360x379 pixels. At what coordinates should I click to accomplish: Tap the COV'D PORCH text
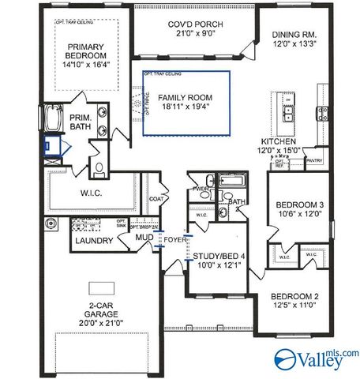coord(195,25)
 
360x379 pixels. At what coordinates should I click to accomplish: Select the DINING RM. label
coord(294,36)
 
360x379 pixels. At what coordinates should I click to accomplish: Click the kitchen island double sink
coord(289,118)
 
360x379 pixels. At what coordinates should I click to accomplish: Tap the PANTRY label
coord(313,160)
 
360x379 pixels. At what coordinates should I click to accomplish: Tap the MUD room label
coord(143,237)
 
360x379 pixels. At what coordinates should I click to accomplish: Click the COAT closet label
coord(156,200)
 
